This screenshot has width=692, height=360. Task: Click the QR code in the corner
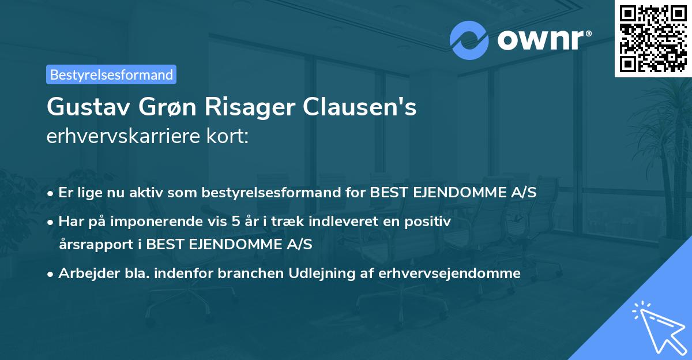click(x=653, y=38)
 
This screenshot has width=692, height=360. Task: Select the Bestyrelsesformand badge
click(x=111, y=74)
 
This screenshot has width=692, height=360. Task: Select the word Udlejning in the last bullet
click(x=324, y=273)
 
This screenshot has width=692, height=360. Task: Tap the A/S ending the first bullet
click(x=524, y=192)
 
